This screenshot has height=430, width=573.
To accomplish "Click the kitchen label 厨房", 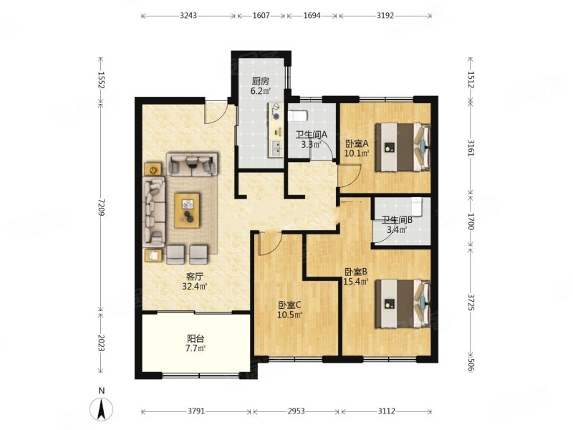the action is tap(260, 81).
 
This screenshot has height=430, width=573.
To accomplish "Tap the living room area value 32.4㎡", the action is tap(195, 286).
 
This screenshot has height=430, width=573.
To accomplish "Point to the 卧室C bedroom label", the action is tap(289, 305).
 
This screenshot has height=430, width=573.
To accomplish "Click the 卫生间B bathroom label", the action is tap(397, 220).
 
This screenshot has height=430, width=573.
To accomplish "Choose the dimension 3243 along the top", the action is tap(188, 15).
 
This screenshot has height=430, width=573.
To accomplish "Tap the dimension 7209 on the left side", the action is tap(101, 207).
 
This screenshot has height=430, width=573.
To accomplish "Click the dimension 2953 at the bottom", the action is tap(296, 411).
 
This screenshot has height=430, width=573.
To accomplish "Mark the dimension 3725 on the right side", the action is tap(471, 302).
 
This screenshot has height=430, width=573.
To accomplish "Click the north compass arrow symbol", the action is tap(102, 408).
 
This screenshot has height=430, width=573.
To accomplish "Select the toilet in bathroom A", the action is tap(298, 116).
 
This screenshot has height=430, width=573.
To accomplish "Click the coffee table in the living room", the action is tap(187, 211).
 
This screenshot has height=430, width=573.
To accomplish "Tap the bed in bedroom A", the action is tap(403, 147).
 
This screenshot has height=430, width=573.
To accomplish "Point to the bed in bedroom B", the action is tap(403, 303).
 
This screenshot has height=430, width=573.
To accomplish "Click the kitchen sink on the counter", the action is tap(276, 148).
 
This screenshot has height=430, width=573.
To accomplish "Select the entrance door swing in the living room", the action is tap(218, 113).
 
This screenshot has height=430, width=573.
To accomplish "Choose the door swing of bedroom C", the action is tap(270, 244).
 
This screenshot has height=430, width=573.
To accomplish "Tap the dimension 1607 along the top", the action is tap(261, 15).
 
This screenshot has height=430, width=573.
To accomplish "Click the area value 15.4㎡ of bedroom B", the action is tap(355, 281).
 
